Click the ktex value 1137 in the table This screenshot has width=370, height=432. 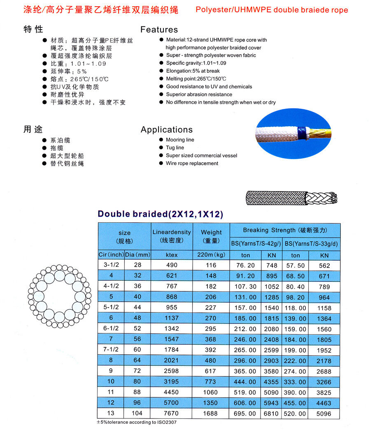(172, 318)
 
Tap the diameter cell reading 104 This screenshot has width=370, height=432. (137, 414)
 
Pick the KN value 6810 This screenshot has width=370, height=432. (272, 414)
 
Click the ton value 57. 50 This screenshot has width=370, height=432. (296, 266)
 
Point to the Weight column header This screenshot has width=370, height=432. (212, 236)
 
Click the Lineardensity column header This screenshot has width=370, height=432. (172, 236)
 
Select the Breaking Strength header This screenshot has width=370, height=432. (285, 230)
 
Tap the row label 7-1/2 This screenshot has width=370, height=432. (111, 350)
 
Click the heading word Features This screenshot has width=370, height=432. (159, 30)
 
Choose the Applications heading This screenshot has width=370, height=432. (167, 129)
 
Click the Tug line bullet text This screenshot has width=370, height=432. (175, 148)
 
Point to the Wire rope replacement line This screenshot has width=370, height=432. (192, 163)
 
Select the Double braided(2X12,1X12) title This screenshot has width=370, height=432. (160, 214)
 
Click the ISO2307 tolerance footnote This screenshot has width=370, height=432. (138, 422)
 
